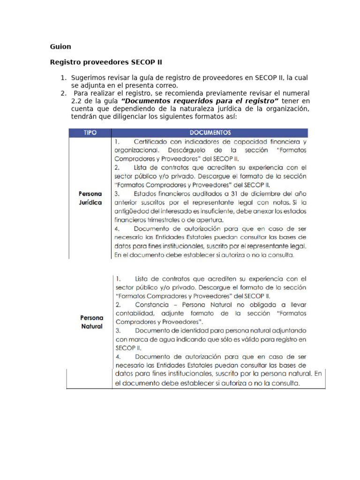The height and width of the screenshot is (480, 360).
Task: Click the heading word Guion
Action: click(60, 46)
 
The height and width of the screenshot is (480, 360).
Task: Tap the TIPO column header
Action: click(90, 133)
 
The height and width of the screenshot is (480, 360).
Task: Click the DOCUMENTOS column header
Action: click(209, 133)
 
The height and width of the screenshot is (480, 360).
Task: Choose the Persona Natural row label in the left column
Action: click(91, 322)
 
